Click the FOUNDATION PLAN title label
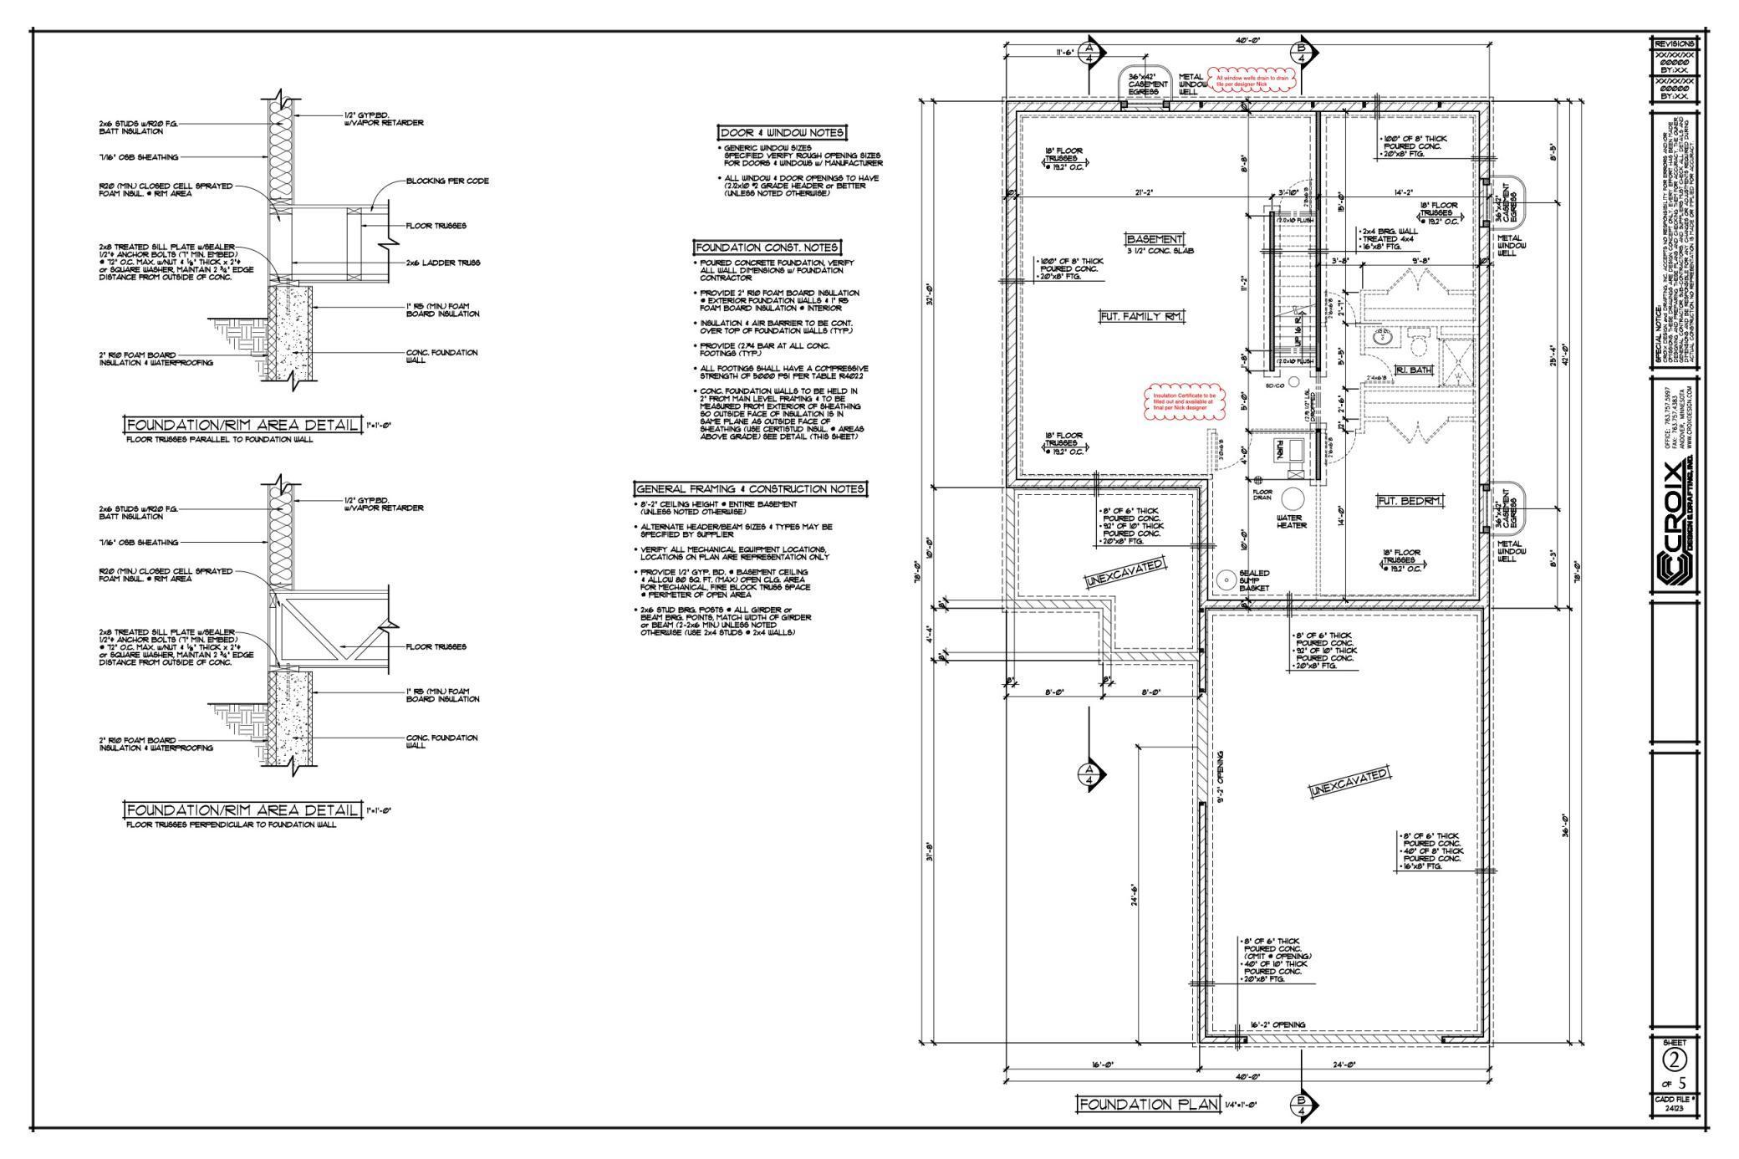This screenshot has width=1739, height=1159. coord(1148,1105)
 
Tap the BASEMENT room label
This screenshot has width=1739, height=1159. coord(1154,238)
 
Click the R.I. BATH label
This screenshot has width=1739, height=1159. coord(1414,370)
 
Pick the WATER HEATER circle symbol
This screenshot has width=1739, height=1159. coord(1293,499)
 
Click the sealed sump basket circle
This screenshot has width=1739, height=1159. coord(1227,579)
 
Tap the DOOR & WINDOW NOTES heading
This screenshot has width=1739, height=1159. coord(782,133)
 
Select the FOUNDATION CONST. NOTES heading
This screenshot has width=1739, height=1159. coord(767,248)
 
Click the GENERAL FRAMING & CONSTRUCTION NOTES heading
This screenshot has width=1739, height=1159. coord(750,488)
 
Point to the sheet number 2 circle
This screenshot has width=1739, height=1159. coord(1674,1059)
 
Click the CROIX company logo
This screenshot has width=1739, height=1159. coord(1675,527)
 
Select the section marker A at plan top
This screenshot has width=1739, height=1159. coord(1089,53)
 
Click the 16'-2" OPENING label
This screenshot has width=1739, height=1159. coord(1277,1024)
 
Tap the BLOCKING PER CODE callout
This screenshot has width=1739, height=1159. coord(446,181)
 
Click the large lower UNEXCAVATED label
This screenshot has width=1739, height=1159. coord(1349,781)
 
